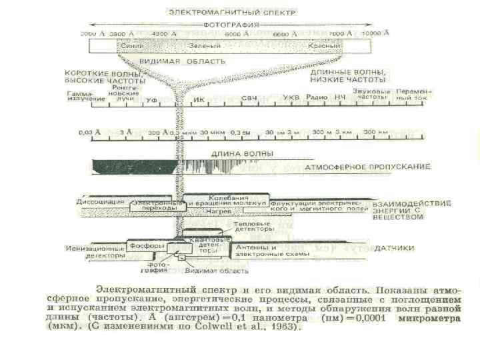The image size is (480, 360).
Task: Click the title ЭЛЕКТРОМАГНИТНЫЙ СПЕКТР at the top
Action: [x=233, y=13]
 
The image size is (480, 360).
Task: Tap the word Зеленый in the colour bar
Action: [x=209, y=45]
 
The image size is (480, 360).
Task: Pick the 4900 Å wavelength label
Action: [x=164, y=33]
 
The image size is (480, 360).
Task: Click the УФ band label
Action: [x=151, y=99]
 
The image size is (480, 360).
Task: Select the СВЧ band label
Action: [x=249, y=99]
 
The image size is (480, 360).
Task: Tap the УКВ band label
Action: [x=291, y=98]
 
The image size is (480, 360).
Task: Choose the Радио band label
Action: [x=315, y=98]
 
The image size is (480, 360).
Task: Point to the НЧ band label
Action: [x=340, y=98]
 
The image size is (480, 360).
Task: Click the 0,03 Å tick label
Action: [x=89, y=132]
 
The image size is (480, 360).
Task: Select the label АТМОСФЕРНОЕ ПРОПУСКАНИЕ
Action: [x=367, y=167]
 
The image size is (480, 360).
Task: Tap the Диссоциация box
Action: [x=101, y=201]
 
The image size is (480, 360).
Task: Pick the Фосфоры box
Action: [x=143, y=245]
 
